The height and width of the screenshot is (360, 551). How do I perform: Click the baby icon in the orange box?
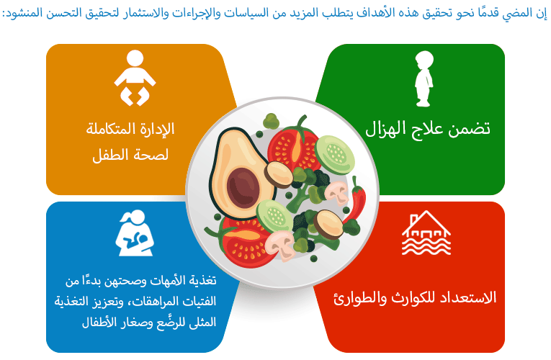pyautogui.click(x=135, y=78)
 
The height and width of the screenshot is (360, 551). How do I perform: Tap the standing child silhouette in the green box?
pyautogui.click(x=424, y=78)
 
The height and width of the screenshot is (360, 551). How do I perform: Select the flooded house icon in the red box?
pyautogui.click(x=426, y=233)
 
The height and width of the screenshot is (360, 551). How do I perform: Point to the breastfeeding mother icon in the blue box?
pyautogui.click(x=135, y=233)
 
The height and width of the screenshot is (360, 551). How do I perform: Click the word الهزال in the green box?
pyautogui.click(x=387, y=130)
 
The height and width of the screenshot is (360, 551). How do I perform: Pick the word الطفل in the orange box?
pyautogui.click(x=106, y=155)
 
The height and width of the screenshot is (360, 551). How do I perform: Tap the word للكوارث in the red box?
pyautogui.click(x=412, y=298)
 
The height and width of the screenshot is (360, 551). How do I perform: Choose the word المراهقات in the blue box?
pyautogui.click(x=153, y=302)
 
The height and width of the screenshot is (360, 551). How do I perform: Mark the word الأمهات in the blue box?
pyautogui.click(x=166, y=281)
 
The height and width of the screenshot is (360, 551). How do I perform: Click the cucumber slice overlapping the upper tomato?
pyautogui.click(x=334, y=155)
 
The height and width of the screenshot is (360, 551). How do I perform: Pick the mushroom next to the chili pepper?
pyautogui.click(x=337, y=192)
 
